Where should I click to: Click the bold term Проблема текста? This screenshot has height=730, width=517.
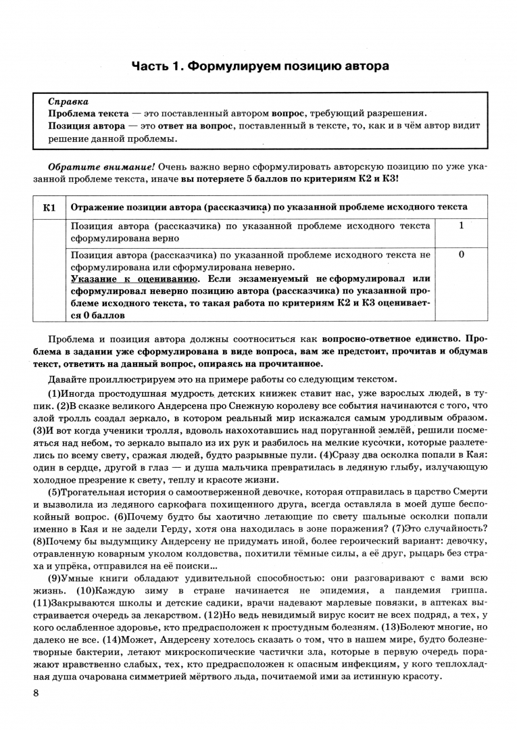pos(87,114)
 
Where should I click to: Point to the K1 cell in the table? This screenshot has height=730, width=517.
pos(49,207)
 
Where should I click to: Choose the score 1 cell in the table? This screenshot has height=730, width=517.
pos(461,226)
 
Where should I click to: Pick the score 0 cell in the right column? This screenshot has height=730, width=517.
pos(461,255)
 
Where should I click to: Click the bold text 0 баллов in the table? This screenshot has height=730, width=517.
pos(99,315)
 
